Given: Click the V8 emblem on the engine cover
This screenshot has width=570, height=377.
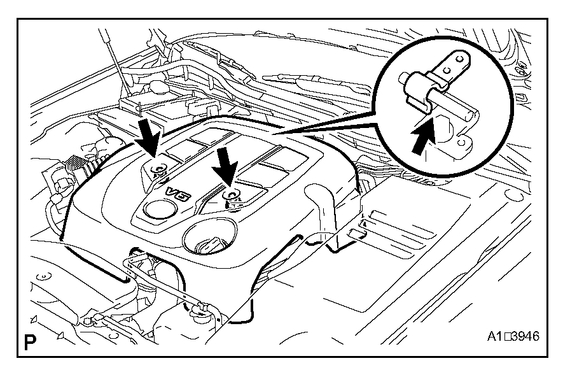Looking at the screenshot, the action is tap(179, 196).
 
